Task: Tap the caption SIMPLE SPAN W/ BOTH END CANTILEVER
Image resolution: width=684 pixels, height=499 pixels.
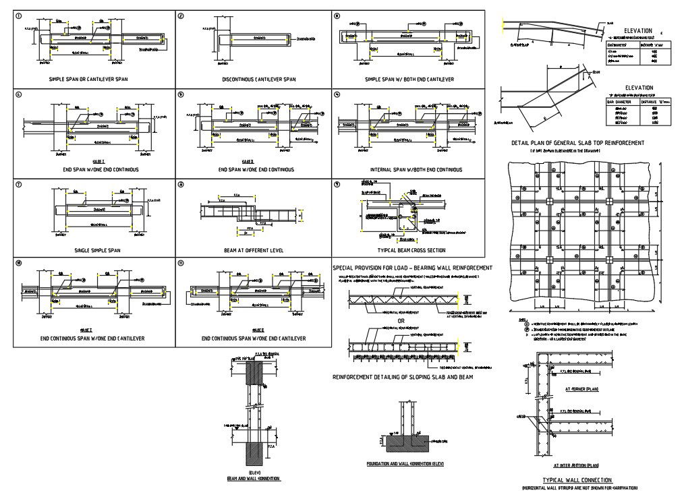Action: (409, 80)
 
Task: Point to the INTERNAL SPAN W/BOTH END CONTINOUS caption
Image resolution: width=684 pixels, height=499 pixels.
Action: (409, 169)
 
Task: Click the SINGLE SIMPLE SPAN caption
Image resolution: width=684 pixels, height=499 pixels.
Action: (98, 250)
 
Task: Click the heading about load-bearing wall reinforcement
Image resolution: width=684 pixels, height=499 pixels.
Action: (413, 268)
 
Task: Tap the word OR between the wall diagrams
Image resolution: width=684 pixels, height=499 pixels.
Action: (401, 320)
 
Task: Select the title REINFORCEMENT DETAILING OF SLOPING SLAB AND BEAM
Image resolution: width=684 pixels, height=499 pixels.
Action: (403, 377)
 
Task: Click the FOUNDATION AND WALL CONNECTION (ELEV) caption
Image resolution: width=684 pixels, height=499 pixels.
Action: (405, 464)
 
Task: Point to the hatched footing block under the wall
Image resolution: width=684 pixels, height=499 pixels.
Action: (406, 442)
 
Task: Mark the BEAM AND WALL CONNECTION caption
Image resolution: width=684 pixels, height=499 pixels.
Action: (254, 478)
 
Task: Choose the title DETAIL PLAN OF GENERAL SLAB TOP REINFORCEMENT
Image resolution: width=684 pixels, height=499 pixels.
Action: (577, 143)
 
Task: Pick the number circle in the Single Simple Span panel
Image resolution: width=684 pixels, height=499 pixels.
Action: (19, 184)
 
